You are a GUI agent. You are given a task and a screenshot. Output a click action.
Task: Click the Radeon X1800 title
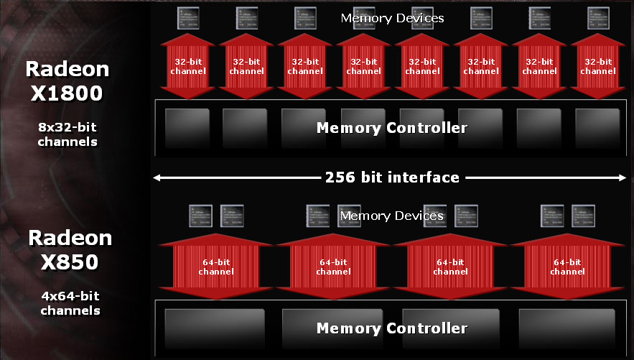(67, 81)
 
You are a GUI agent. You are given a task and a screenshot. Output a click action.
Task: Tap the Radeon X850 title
(70, 250)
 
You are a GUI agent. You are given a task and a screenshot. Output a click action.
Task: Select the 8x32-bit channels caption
(68, 134)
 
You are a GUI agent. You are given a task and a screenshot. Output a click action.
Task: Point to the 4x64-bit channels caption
(70, 303)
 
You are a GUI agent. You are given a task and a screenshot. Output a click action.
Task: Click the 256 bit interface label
(391, 177)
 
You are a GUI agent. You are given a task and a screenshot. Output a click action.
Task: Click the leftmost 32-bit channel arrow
(188, 66)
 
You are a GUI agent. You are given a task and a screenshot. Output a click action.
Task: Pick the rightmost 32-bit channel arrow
(598, 66)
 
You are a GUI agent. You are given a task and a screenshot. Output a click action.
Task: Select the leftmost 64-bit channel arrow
(216, 267)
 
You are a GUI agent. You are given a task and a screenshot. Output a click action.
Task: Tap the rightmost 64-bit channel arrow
(567, 267)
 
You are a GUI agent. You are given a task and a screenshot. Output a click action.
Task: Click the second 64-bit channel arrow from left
(333, 267)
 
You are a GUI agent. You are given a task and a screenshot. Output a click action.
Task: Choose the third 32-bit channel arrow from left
(305, 66)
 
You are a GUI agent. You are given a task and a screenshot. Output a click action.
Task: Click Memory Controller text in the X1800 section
(391, 129)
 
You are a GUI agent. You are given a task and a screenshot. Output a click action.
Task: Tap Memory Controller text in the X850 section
(391, 328)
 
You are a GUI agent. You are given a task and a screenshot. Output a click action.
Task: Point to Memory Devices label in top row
(392, 18)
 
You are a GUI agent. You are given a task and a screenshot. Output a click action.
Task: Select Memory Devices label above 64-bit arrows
(391, 216)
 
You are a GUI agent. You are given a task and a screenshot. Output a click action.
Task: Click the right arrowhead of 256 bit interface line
(623, 177)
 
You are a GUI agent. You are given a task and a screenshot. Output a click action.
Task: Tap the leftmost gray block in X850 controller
(215, 328)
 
